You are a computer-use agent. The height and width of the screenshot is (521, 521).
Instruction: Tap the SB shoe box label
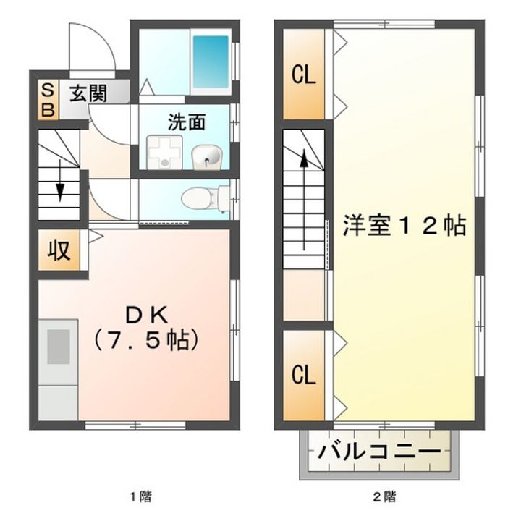pyautogui.click(x=48, y=100)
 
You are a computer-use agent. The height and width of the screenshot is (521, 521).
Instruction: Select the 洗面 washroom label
pyautogui.click(x=187, y=122)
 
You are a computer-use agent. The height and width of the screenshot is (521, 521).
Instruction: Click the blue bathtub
pyautogui.click(x=210, y=60)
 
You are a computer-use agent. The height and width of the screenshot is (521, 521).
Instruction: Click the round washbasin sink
pyautogui.click(x=205, y=155)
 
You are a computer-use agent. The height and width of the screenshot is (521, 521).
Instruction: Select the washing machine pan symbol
pyautogui.click(x=161, y=152)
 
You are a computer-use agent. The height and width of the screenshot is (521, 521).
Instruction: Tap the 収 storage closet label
pyautogui.click(x=59, y=250)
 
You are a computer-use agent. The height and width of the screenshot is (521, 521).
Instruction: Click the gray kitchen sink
pyautogui.click(x=59, y=346)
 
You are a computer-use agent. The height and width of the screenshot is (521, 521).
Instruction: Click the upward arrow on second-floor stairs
pyautogui.click(x=305, y=163)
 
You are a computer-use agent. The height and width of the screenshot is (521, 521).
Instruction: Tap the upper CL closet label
pyautogui.click(x=304, y=75)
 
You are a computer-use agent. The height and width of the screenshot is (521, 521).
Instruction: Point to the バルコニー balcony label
pyautogui.click(x=379, y=453)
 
